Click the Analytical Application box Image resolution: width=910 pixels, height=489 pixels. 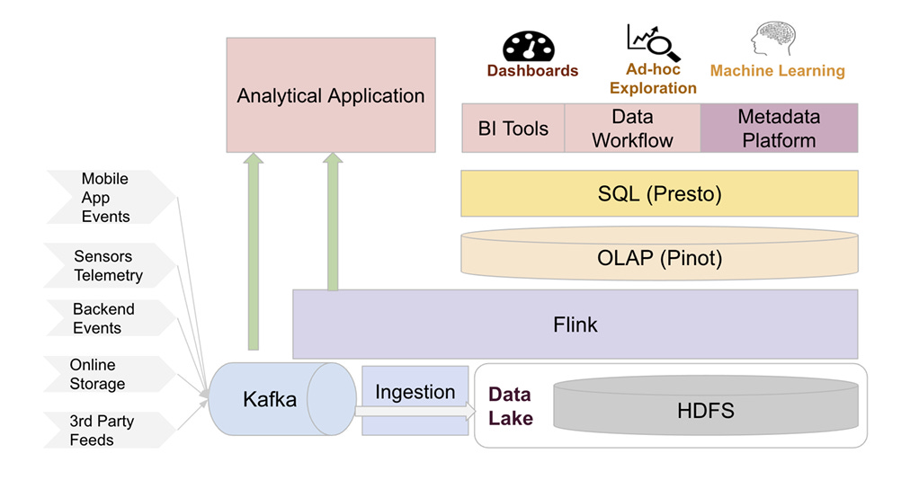coord(331,95)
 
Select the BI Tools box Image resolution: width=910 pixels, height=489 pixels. coord(513,129)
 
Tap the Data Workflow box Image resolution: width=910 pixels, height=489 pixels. coord(632,129)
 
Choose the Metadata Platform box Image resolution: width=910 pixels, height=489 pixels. coord(779,129)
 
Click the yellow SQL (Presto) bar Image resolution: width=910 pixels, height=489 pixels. coord(659,193)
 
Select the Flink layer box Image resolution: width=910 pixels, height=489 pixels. coord(575,325)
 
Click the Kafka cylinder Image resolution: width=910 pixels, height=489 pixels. coord(282,399)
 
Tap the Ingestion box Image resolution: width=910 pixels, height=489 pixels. coord(415,400)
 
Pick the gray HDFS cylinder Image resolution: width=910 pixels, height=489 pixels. coord(706,405)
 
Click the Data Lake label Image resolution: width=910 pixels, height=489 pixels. coord(510,406)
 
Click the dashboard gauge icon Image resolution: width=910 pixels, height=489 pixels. coord(528,46)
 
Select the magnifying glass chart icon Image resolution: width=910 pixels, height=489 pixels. coord(653,42)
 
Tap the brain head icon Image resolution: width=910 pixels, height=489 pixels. coord(773,39)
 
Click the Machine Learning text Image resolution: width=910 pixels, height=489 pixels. coord(777,71)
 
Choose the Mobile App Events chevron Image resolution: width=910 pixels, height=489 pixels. coord(111,197)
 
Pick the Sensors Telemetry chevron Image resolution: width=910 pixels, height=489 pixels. coord(109,266)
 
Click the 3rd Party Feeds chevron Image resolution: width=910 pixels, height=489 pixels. coord(109,430)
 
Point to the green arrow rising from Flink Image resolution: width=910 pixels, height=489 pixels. coord(333,222)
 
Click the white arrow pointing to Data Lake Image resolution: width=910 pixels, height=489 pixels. coord(415,412)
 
